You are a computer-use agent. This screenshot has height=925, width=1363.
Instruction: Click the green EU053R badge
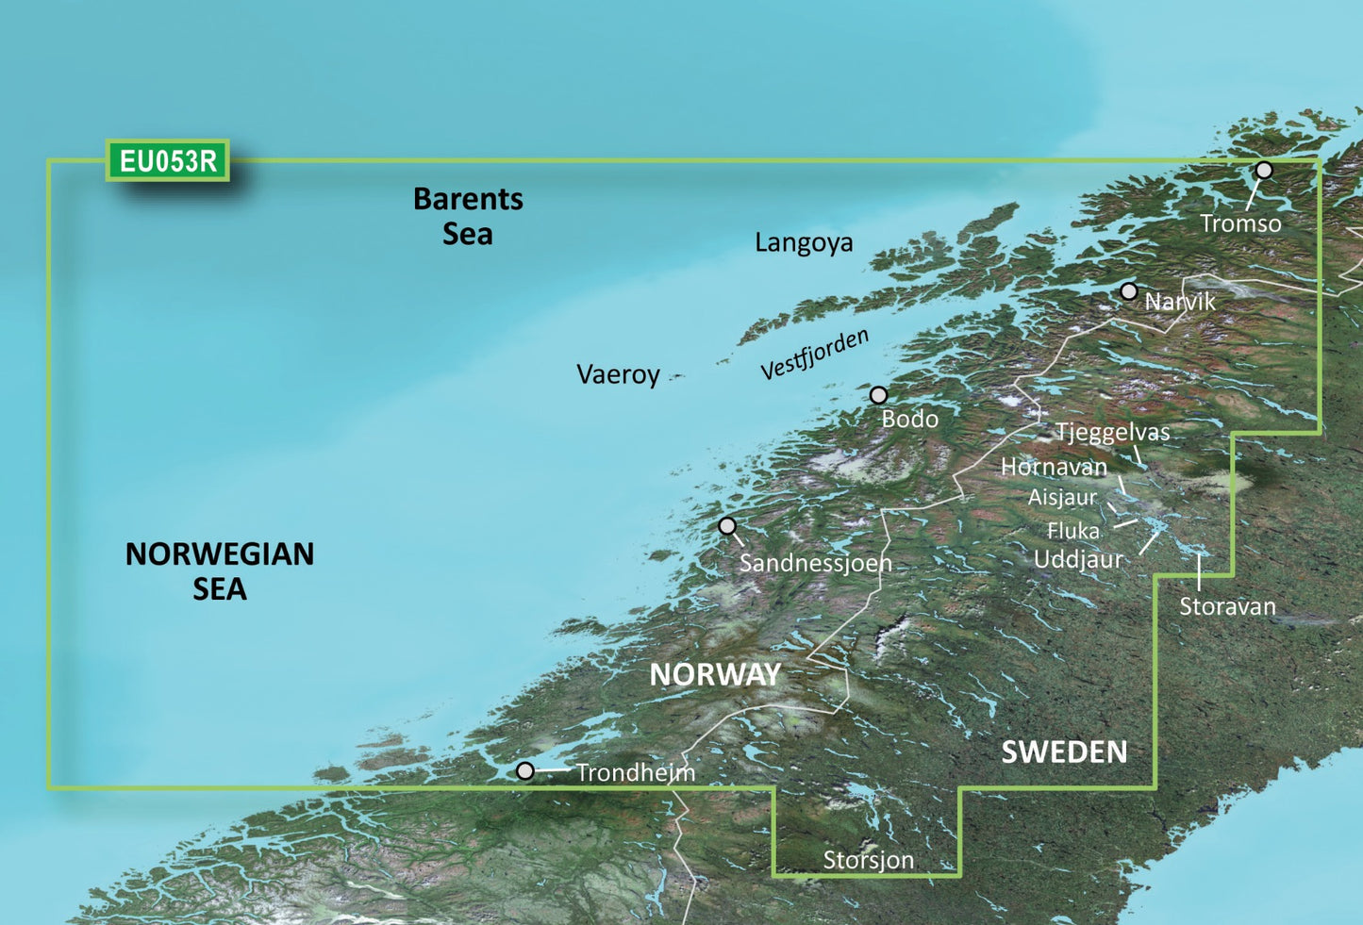pyautogui.click(x=168, y=161)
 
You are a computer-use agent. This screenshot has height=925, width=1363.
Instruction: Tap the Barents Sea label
pyautogui.click(x=468, y=216)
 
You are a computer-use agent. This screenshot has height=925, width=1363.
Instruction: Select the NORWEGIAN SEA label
pyautogui.click(x=220, y=570)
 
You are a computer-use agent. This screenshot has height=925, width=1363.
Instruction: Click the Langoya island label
pyautogui.click(x=804, y=243)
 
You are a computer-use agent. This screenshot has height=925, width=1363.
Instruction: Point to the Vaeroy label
pyautogui.click(x=618, y=374)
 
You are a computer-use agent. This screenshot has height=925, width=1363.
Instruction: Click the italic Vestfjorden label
pyautogui.click(x=815, y=355)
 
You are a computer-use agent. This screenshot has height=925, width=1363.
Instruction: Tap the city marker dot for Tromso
pyautogui.click(x=1264, y=171)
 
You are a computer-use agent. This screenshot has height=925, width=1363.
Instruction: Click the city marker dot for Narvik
pyautogui.click(x=1128, y=291)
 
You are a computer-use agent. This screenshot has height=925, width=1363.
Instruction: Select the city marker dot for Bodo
pyautogui.click(x=878, y=395)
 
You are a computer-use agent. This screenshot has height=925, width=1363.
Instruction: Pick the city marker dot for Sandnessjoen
pyautogui.click(x=726, y=525)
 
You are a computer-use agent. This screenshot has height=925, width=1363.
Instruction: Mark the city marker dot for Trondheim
pyautogui.click(x=525, y=771)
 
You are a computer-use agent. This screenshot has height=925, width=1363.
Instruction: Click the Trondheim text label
pyautogui.click(x=636, y=773)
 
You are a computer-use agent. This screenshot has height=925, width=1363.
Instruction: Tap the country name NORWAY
pyautogui.click(x=716, y=674)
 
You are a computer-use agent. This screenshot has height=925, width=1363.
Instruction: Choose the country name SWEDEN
pyautogui.click(x=1064, y=752)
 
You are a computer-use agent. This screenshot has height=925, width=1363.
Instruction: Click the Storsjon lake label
pyautogui.click(x=868, y=860)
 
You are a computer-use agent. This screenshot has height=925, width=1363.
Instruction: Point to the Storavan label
pyautogui.click(x=1227, y=606)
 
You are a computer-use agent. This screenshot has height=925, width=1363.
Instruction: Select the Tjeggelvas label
pyautogui.click(x=1112, y=433)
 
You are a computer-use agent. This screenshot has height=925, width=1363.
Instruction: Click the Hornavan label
pyautogui.click(x=1054, y=467)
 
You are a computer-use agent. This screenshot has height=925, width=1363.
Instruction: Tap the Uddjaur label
pyautogui.click(x=1078, y=559)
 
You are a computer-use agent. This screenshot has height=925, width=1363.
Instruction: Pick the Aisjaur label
pyautogui.click(x=1062, y=497)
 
